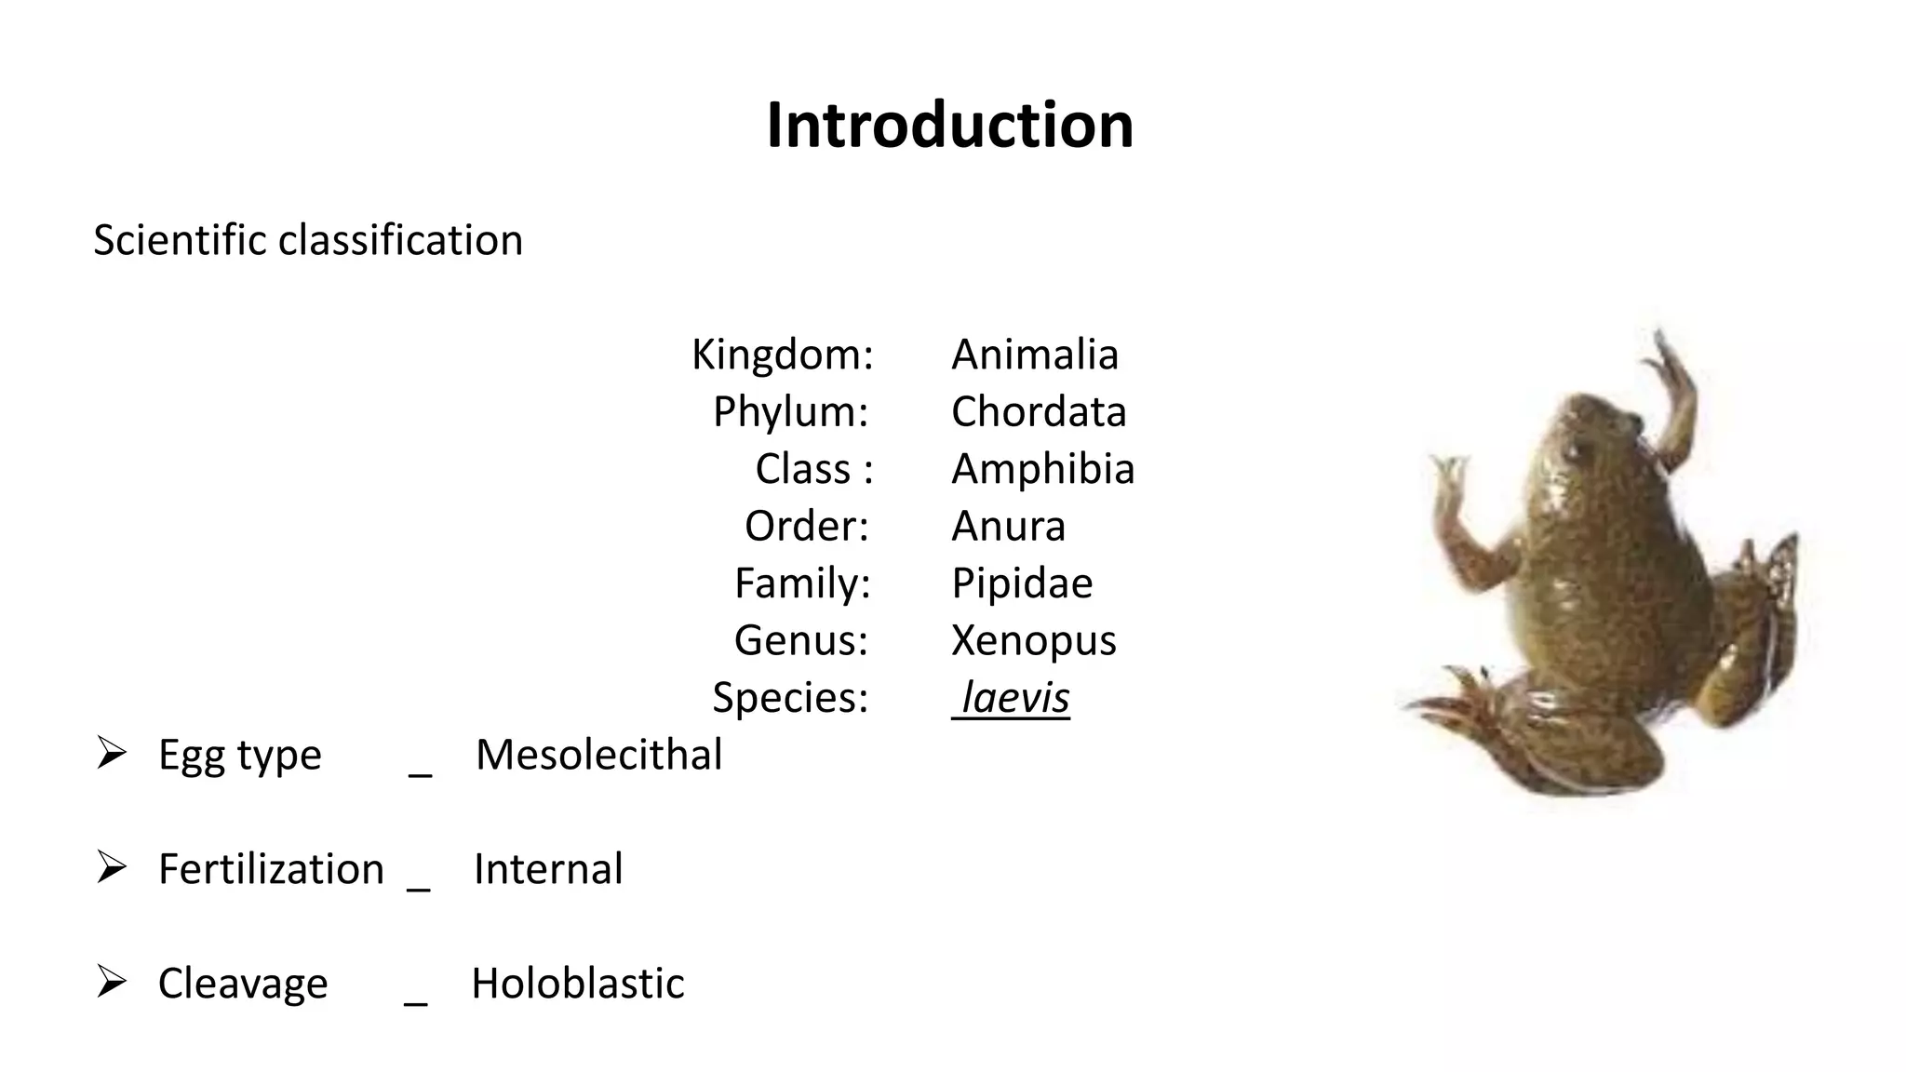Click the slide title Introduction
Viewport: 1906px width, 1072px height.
click(950, 126)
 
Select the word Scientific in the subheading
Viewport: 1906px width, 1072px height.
click(181, 240)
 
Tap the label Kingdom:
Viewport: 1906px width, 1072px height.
click(783, 355)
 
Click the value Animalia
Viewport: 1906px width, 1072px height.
click(1035, 355)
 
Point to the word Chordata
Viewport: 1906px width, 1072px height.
click(1039, 411)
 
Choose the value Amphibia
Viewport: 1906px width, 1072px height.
click(1042, 469)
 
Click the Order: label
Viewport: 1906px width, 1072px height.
click(806, 526)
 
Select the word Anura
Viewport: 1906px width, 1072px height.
click(1008, 526)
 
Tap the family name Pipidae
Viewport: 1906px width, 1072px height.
click(1022, 583)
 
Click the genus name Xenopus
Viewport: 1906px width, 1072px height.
click(1033, 640)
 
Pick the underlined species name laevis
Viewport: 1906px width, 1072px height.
click(1014, 698)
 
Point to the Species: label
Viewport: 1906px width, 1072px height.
click(790, 698)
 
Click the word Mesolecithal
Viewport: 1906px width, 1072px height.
click(598, 755)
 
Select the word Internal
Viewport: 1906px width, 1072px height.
click(548, 869)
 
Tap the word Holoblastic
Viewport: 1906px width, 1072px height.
click(578, 984)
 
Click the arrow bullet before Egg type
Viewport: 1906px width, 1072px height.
click(112, 753)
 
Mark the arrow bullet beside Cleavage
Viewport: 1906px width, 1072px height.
click(112, 982)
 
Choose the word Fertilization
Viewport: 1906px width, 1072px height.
click(271, 869)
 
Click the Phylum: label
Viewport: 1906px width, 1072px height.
click(790, 411)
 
